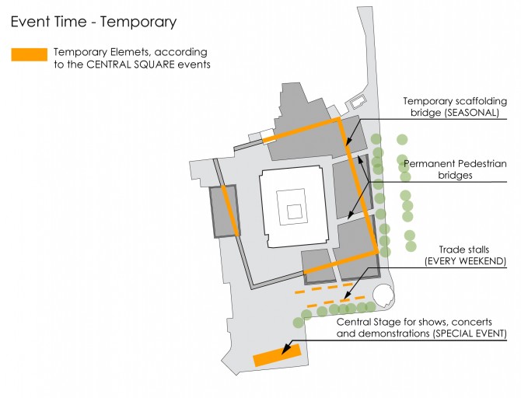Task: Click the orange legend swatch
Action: [x=30, y=54]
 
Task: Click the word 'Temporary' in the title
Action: [x=138, y=23]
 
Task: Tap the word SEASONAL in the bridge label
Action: [x=471, y=113]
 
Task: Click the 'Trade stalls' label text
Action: [x=464, y=250]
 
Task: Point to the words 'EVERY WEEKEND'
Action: [x=466, y=261]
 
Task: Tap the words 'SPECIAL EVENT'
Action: [x=470, y=333]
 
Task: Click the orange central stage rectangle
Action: [x=277, y=355]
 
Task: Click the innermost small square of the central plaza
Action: [x=295, y=212]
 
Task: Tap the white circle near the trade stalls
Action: [x=383, y=295]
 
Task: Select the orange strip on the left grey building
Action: [x=230, y=211]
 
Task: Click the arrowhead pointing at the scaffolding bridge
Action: [x=348, y=142]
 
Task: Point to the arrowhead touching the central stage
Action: [x=285, y=350]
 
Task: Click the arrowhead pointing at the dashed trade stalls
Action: [x=347, y=295]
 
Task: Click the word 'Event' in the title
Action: [x=30, y=22]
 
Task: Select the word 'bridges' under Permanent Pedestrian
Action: [x=455, y=175]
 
